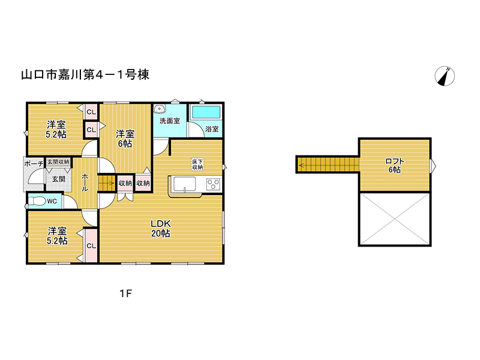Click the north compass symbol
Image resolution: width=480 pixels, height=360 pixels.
[445, 76]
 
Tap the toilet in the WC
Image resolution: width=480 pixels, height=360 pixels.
[37, 201]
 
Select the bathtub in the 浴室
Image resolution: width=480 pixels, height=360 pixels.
[206, 112]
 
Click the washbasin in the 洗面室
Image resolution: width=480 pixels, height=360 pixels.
[160, 109]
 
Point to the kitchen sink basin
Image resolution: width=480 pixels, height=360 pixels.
[185, 184]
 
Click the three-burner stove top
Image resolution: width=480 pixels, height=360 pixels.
[213, 184]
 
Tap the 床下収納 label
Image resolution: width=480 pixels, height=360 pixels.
[197, 164]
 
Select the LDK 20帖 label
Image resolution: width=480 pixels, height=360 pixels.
[161, 229]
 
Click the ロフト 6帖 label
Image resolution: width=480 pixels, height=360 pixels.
[395, 166]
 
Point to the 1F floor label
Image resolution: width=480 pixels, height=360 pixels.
[125, 293]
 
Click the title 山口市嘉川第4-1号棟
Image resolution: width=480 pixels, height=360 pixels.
[85, 74]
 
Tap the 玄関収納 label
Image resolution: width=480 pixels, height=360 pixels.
[58, 161]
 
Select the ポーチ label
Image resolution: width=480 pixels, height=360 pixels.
[34, 164]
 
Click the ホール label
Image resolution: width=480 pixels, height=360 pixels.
[85, 182]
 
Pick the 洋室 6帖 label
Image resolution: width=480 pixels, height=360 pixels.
[125, 139]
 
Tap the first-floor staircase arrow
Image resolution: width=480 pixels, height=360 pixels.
[106, 184]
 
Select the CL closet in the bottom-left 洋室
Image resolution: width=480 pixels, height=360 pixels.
[91, 245]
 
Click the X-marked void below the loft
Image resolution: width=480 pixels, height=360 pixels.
[395, 219]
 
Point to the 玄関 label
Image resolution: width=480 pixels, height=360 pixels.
[58, 179]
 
